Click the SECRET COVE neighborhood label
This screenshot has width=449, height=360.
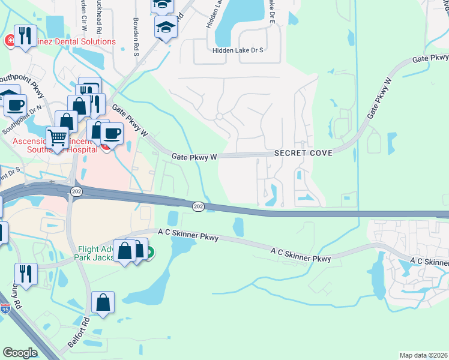point(303,154)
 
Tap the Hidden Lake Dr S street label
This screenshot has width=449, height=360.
point(238,51)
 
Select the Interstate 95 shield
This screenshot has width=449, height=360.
point(5,310)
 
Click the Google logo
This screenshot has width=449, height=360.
point(20,353)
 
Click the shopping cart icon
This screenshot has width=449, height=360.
point(57,137)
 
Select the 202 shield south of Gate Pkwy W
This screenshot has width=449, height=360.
point(198,206)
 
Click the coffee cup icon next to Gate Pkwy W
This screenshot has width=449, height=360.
point(112,133)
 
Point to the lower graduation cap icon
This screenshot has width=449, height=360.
point(166,27)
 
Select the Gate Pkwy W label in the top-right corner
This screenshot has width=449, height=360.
point(430,58)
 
